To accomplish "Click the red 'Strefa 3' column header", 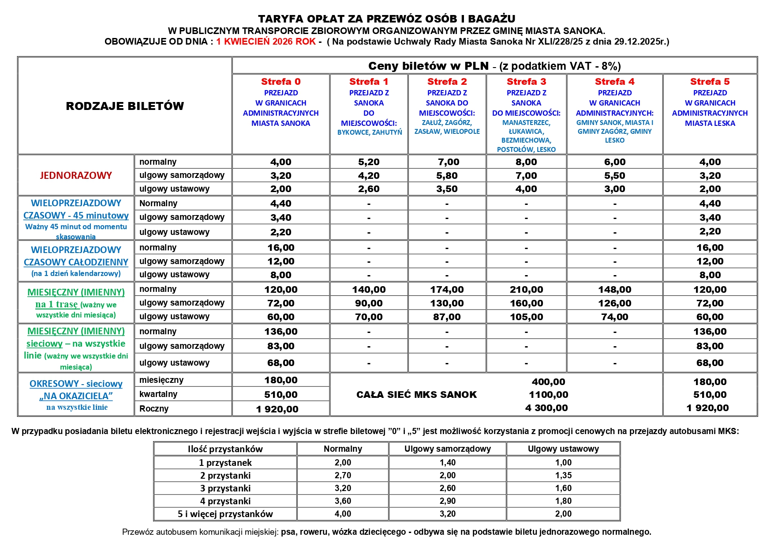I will (x=526, y=82).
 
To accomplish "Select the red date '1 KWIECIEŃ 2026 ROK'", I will (x=265, y=42).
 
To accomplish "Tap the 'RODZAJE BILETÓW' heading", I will (x=125, y=106).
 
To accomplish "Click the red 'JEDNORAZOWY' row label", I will (x=76, y=175).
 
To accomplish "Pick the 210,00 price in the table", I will (x=526, y=290).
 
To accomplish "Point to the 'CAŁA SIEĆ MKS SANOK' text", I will (x=416, y=395).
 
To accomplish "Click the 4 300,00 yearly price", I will (x=546, y=408).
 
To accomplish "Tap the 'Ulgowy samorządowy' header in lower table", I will (x=447, y=449).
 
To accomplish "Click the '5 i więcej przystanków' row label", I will (x=225, y=514).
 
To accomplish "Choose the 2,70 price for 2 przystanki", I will (x=343, y=476).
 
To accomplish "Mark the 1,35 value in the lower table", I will (x=563, y=476).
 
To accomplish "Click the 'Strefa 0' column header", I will (x=280, y=82).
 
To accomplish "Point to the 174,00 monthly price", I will (x=447, y=290).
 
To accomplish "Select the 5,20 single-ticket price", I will (x=369, y=162).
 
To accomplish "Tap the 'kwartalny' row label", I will (x=158, y=394).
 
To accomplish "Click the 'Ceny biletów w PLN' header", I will (x=428, y=66).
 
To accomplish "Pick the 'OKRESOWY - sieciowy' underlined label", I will (x=76, y=384).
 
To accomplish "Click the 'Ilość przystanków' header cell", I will (x=225, y=449).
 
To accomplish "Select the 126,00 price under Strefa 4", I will (x=614, y=303).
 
